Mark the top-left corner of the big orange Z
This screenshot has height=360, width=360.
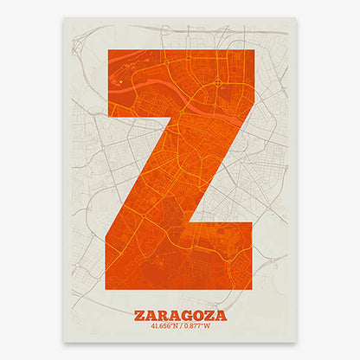click(x=106, y=49)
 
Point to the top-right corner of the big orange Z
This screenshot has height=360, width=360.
click(x=254, y=49)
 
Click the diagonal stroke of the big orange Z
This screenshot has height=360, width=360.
click(x=180, y=169)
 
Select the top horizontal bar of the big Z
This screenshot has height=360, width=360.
click(x=180, y=82)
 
